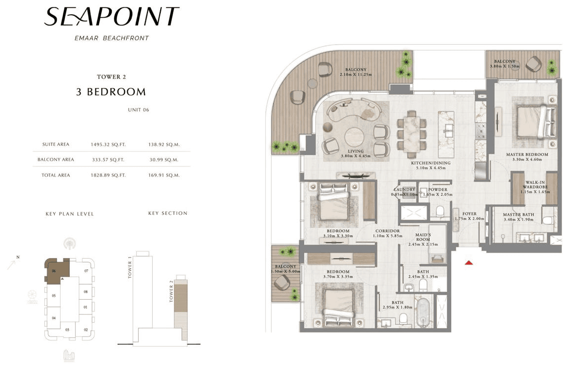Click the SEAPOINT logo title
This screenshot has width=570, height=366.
pyautogui.click(x=112, y=17)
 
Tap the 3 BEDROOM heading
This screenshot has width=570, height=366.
pyautogui.click(x=111, y=92)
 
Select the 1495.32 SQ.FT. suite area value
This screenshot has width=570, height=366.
pyautogui.click(x=108, y=145)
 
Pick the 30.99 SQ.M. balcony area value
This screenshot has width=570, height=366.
pyautogui.click(x=164, y=160)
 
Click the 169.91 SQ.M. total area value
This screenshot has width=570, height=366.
pyautogui.click(x=164, y=175)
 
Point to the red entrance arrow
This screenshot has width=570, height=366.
pyautogui.click(x=469, y=262)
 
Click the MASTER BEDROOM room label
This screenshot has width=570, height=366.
pyautogui.click(x=527, y=155)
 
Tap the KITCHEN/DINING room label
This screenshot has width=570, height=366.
pyautogui.click(x=431, y=163)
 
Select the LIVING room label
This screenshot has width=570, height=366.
pyautogui.click(x=356, y=151)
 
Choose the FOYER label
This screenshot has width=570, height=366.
pyautogui.click(x=469, y=214)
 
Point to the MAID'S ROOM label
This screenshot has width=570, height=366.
pyautogui.click(x=423, y=237)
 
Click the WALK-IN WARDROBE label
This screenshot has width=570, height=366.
pyautogui.click(x=535, y=185)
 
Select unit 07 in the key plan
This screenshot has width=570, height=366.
pyautogui.click(x=86, y=271)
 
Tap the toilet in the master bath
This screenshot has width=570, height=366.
pyautogui.click(x=548, y=220)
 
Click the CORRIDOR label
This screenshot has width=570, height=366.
pyautogui.click(x=388, y=231)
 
